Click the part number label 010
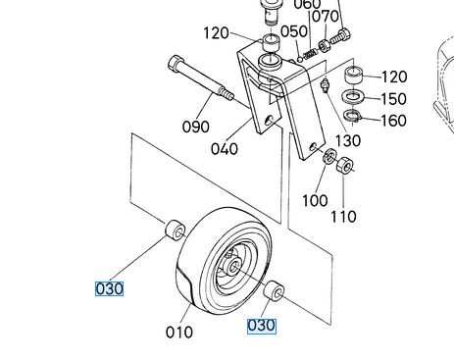pos(179,333)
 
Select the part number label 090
pos(195,127)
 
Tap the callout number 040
pos(225,149)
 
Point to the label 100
pos(315,200)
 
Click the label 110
pos(343,217)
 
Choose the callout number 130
pos(348,140)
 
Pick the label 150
pos(394,98)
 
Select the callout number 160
pos(394,121)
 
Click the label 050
pos(294,31)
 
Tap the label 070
pos(325,17)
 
